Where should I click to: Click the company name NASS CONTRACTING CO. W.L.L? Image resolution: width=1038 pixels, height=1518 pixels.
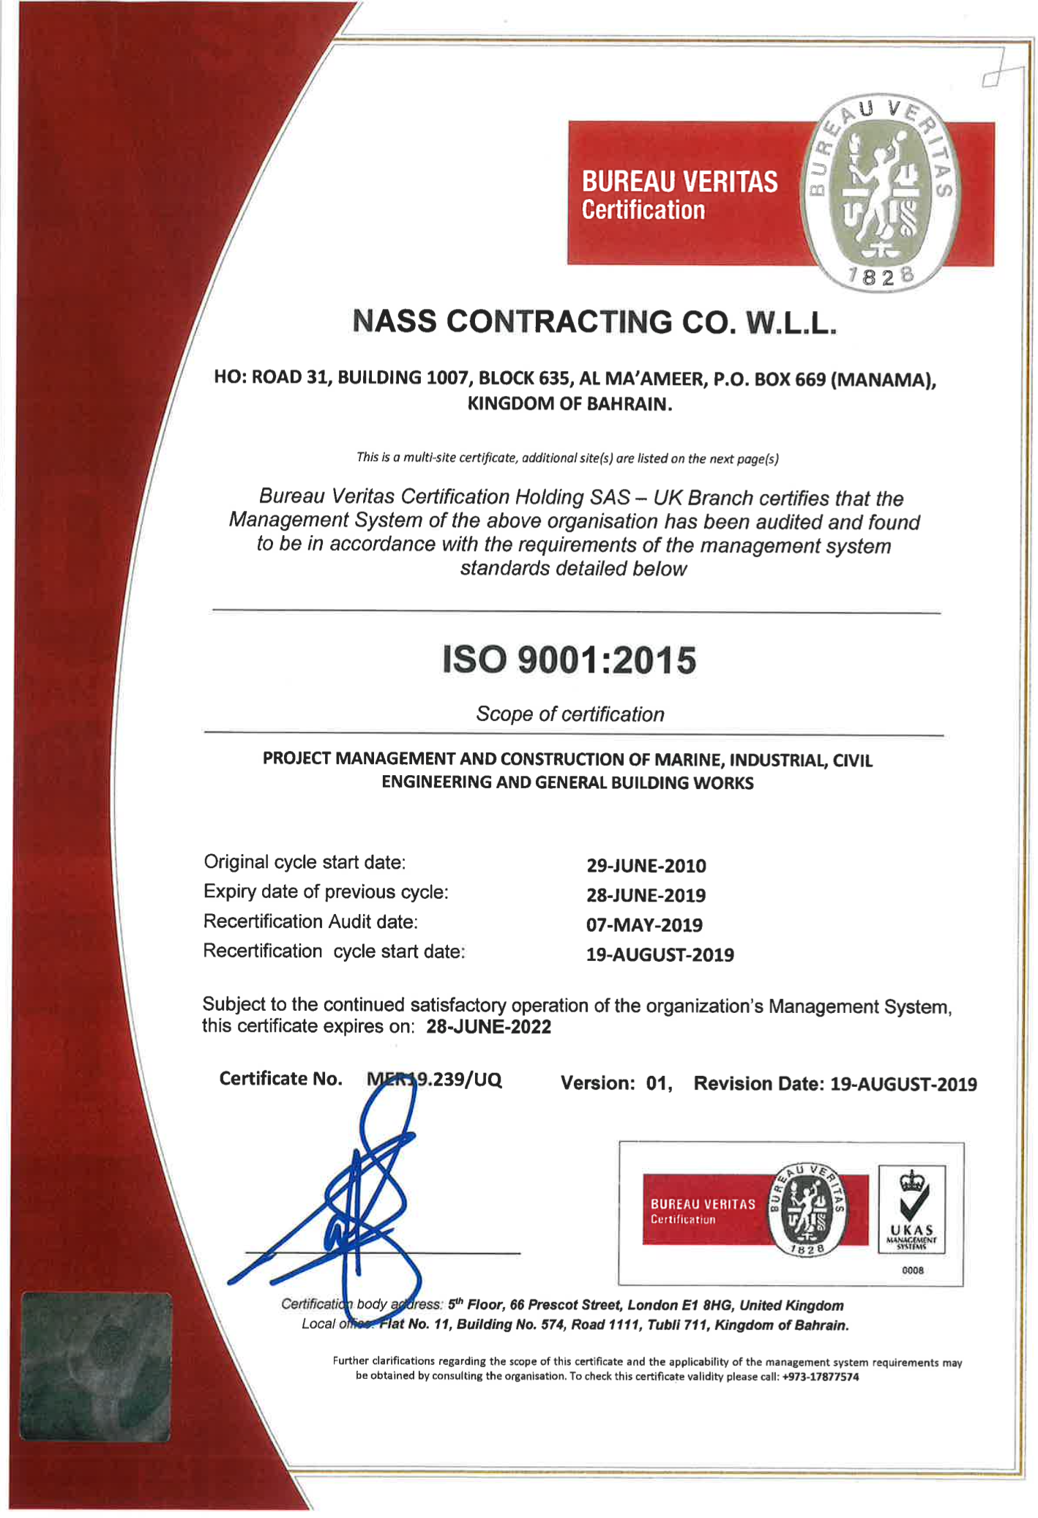[x=594, y=322]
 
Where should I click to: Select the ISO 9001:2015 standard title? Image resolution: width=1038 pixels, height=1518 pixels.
[x=569, y=659]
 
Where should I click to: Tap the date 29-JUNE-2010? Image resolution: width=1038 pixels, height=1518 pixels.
[x=646, y=866]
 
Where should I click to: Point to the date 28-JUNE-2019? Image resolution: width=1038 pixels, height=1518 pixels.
[x=646, y=895]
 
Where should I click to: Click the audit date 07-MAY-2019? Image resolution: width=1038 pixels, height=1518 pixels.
[x=644, y=925]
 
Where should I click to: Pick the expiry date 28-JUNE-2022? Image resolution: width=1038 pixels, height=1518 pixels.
[x=488, y=1026]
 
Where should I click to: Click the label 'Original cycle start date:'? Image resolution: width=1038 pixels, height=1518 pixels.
[x=305, y=862]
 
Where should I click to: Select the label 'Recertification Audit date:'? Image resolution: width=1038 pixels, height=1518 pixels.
[x=310, y=921]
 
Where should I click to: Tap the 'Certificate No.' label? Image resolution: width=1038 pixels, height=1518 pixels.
[x=280, y=1079]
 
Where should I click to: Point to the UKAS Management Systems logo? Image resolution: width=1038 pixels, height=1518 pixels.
[x=911, y=1209]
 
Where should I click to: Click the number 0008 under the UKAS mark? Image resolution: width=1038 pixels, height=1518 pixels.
[x=912, y=1271]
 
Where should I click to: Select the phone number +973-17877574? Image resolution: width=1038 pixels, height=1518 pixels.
[x=820, y=1377]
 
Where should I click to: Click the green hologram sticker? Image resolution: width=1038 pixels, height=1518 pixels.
[x=96, y=1366]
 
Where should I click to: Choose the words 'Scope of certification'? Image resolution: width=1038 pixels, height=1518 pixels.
[x=570, y=714]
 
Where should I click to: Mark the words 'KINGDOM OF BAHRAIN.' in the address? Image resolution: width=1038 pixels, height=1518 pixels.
[x=570, y=404]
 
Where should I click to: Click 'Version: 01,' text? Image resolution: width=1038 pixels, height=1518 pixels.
[x=616, y=1083]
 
